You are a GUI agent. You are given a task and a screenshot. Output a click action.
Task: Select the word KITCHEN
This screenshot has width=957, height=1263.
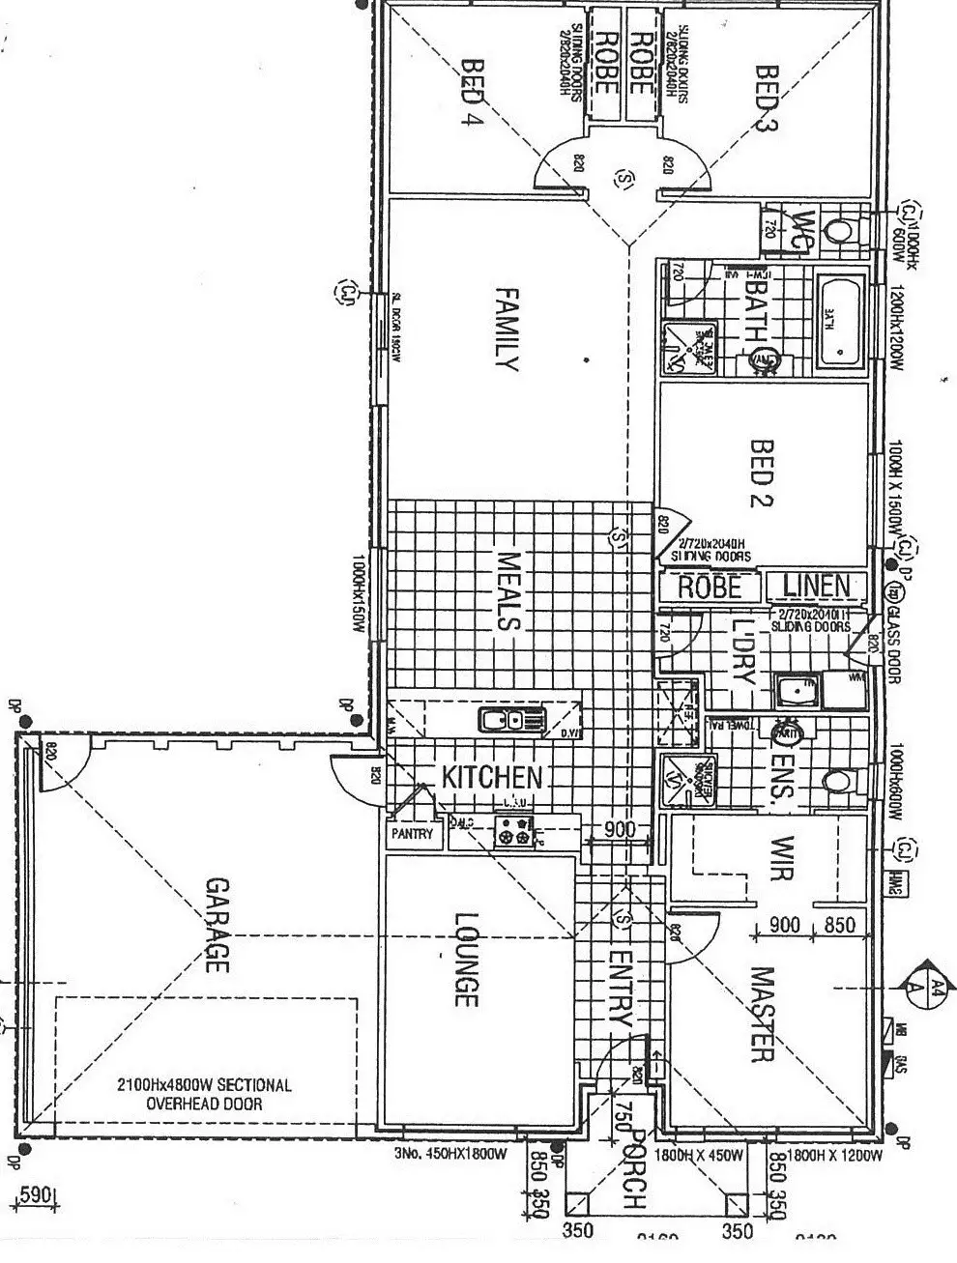pyautogui.click(x=492, y=777)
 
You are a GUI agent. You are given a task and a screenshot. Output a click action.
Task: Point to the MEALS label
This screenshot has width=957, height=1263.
pyautogui.click(x=508, y=591)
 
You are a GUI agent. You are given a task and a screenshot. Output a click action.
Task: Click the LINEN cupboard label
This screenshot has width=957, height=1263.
pyautogui.click(x=816, y=586)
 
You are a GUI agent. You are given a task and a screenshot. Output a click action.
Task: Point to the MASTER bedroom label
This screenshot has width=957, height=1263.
pyautogui.click(x=763, y=1015)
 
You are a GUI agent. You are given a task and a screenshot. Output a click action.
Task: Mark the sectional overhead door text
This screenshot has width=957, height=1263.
pyautogui.click(x=204, y=1094)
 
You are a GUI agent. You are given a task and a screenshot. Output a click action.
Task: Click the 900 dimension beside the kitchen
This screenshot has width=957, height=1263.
pyautogui.click(x=620, y=829)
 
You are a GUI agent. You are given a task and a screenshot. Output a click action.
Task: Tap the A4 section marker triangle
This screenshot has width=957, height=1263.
pyautogui.click(x=932, y=986)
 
